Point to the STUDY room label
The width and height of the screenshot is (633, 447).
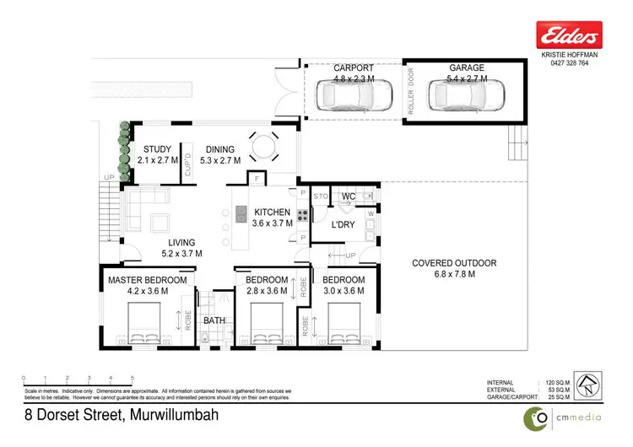pos(158,149)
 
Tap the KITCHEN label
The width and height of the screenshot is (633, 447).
pos(272,213)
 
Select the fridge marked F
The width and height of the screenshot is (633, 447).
pos(254,179)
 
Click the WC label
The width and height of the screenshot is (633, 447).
pos(348,197)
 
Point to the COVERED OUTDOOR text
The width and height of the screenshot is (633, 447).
pos(454,263)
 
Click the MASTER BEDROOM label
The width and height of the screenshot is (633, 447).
pos(147,280)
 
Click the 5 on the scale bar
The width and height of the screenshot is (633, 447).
pos(133,378)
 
